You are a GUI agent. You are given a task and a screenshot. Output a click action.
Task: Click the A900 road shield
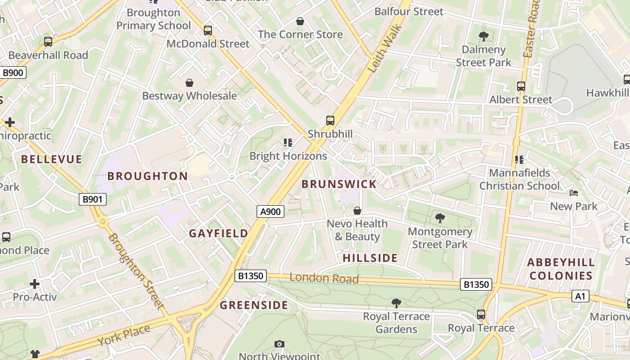click(x=270, y=211)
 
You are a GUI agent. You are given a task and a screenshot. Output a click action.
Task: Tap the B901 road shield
click(x=93, y=199)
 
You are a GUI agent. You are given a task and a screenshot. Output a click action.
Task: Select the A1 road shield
click(x=580, y=296)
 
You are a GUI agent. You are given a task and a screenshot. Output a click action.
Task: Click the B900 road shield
click(x=13, y=72)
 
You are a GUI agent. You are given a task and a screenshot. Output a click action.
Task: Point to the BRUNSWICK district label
click(x=339, y=184)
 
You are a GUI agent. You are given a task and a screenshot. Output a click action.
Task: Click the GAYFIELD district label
click(x=218, y=233)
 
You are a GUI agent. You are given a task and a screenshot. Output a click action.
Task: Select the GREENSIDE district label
click(x=254, y=305)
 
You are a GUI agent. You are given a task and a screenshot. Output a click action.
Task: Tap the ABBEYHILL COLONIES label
click(x=561, y=269)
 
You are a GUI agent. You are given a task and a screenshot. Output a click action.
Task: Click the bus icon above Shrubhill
click(x=330, y=120)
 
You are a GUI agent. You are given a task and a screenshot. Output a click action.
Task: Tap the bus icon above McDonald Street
click(x=207, y=30)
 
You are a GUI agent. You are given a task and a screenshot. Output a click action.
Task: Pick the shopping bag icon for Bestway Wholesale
click(x=189, y=83)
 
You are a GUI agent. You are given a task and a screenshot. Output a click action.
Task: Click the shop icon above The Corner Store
click(x=300, y=21)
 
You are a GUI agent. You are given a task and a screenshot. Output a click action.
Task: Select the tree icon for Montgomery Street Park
click(x=440, y=218)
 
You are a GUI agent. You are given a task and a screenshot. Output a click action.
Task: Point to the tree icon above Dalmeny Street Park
click(x=484, y=36)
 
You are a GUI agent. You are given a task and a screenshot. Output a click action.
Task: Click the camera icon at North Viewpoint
click(x=279, y=344)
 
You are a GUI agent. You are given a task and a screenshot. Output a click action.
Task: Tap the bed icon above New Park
click(x=574, y=193)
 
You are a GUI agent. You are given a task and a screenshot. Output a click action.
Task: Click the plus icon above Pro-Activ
click(x=35, y=284)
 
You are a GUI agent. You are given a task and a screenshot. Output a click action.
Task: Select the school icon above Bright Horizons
click(x=288, y=143)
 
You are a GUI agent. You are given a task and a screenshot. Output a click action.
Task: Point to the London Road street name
click(x=324, y=279)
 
